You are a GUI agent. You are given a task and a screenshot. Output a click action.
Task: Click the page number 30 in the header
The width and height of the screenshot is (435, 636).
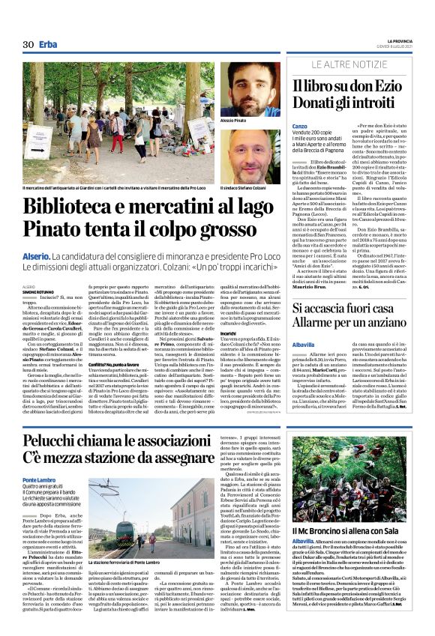tap(28, 44)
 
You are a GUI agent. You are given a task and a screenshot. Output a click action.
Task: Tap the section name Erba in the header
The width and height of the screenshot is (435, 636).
tap(49, 44)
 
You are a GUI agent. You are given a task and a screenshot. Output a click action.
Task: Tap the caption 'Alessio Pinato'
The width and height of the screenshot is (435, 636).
tap(234, 120)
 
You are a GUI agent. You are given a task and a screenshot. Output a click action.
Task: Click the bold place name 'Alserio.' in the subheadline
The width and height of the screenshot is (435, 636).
tap(35, 256)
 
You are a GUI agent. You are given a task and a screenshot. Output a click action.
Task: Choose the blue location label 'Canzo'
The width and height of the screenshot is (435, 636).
tap(299, 125)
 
